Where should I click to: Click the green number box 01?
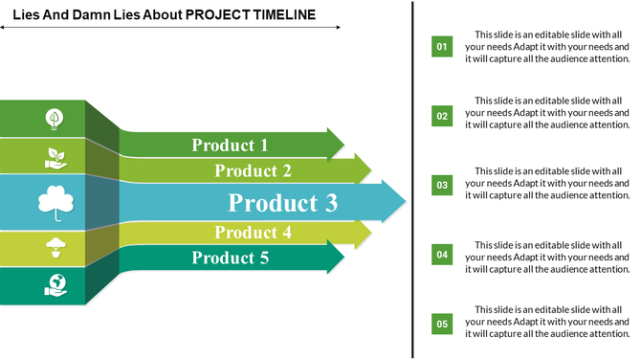pos(442,46)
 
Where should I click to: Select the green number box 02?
pos(442,116)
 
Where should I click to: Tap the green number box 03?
pos(442,185)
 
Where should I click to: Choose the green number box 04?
pos(442,255)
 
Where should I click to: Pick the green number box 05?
pos(442,324)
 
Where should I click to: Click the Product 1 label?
pos(230,146)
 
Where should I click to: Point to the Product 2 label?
pos(253,171)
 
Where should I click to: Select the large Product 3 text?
pos(283,203)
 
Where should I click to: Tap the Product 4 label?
pos(253,233)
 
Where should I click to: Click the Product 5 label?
pos(230,258)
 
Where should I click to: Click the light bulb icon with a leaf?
pos(55,119)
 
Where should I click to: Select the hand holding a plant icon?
pos(55,156)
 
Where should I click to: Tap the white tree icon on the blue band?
pos(55,203)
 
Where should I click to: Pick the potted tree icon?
pos(55,248)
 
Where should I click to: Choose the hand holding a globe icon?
pos(55,285)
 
